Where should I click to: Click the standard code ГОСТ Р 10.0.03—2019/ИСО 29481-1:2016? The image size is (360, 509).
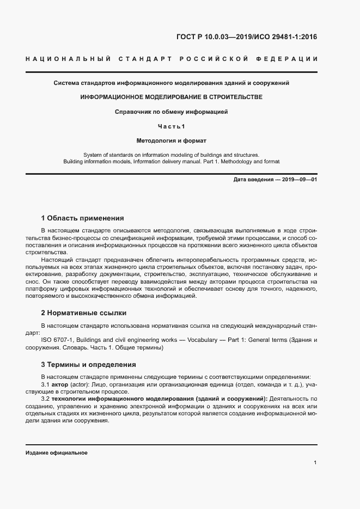click(246, 38)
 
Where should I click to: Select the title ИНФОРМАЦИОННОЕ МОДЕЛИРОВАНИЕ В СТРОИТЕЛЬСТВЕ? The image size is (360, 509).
click(171, 97)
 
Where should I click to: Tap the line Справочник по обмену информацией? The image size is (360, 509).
click(171, 112)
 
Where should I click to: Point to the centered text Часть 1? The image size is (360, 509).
click(172, 126)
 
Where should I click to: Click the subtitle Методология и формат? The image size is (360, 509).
click(171, 140)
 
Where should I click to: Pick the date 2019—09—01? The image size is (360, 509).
click(299, 180)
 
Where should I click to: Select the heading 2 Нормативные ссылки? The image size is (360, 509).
click(84, 313)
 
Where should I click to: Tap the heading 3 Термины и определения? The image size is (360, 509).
click(88, 364)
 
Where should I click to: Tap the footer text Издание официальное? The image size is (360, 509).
click(57, 452)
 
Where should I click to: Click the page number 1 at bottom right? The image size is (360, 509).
click(315, 463)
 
